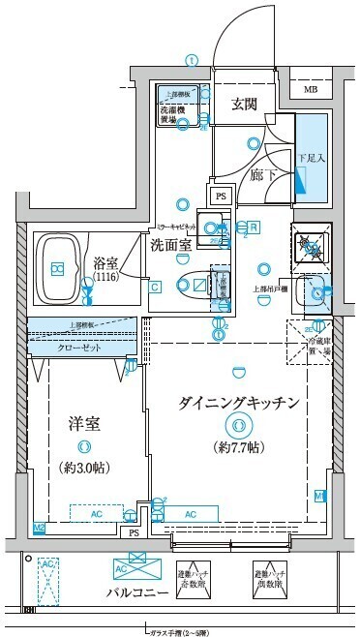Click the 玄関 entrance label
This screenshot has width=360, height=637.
(243, 105)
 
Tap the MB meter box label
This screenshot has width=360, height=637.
(311, 90)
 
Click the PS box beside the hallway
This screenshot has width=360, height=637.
(221, 195)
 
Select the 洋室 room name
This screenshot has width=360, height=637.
(84, 424)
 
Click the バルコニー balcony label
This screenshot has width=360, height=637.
(133, 593)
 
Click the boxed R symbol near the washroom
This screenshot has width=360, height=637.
(254, 227)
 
